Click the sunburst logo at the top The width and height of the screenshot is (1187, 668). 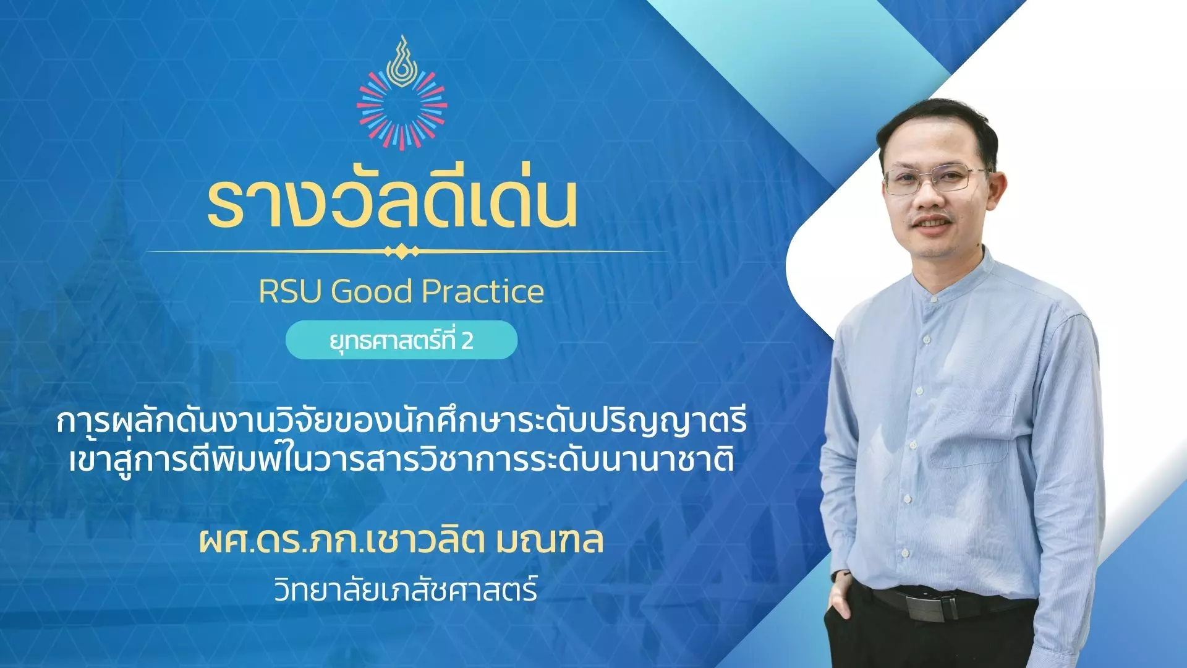click(402, 93)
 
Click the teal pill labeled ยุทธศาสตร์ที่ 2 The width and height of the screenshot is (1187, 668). click(401, 340)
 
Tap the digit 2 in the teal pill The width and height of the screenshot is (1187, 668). click(467, 341)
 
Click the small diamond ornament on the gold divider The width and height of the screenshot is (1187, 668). click(402, 252)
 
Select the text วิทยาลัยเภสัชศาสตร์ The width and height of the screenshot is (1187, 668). click(406, 589)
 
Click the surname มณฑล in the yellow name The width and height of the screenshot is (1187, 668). click(550, 540)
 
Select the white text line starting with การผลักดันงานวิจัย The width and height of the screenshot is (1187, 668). click(402, 421)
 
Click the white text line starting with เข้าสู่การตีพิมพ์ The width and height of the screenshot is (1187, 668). click(402, 460)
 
